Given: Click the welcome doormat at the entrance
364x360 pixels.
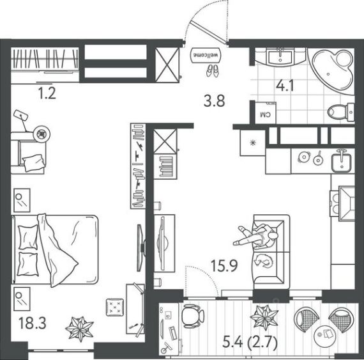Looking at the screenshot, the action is pos(206,55).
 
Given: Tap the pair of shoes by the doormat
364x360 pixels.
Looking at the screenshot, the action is pos(213,70).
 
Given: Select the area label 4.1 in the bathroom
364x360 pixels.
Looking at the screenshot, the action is pos(285,86).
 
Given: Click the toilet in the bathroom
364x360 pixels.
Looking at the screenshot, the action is pos(341,113).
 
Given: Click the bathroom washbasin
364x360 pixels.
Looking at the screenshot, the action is pos(280,57).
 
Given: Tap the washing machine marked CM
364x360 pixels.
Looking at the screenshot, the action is pos(266,113).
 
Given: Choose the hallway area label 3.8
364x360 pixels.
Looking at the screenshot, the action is pos(214,102).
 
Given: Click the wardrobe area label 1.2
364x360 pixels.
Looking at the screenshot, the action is pos(47,93).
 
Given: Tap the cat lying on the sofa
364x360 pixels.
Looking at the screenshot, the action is pos(263,260).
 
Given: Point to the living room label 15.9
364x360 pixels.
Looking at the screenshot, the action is pos(224,266).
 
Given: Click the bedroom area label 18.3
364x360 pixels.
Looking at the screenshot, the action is pos(33,324).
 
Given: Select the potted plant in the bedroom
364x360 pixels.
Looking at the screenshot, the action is pos(80,329).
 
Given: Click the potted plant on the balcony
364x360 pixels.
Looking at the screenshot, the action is pos(264,317).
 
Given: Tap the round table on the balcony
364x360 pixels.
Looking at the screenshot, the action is pos(325,336).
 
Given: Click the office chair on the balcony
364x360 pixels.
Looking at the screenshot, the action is pos(193,316).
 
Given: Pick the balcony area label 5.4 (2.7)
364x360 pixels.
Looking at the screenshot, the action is pos(250,343).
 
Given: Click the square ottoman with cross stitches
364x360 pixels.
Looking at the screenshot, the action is pos(115,307).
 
